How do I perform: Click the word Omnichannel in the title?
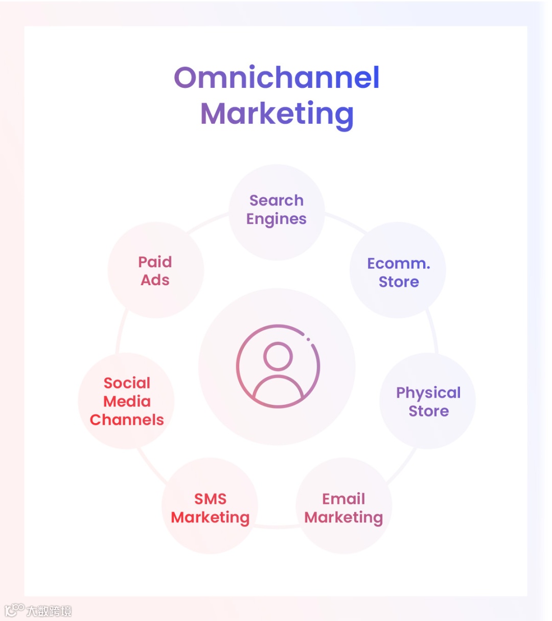click(x=277, y=78)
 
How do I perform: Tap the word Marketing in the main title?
click(x=277, y=114)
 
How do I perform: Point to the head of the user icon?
click(x=278, y=356)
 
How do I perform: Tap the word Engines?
click(x=277, y=219)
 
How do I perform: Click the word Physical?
click(x=428, y=393)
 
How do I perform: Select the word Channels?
click(x=127, y=420)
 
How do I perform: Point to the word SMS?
click(x=210, y=499)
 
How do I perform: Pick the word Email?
click(x=343, y=499)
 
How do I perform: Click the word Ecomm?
click(x=399, y=264)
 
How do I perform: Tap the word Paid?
click(x=155, y=262)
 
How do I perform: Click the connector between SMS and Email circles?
click(x=277, y=526)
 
